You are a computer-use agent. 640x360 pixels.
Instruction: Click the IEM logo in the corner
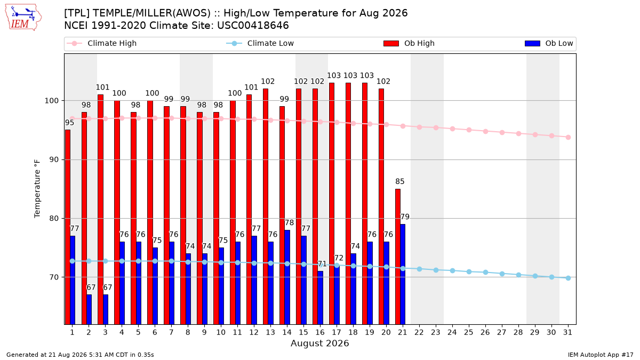point(23,18)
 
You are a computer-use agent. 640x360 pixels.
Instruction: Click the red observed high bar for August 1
point(67,227)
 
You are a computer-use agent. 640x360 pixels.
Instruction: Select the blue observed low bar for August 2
point(89,309)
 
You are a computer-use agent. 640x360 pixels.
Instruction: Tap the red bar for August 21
point(398,257)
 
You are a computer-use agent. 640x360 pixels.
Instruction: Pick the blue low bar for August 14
point(287,277)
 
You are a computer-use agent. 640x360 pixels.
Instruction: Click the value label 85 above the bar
point(399,181)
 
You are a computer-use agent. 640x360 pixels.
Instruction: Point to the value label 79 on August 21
point(405,217)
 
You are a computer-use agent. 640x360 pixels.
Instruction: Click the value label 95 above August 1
point(69,123)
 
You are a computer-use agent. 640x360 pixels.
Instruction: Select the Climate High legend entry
point(101,43)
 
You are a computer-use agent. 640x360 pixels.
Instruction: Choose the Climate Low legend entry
point(260,43)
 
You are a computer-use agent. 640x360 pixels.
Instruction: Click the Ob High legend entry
point(409,43)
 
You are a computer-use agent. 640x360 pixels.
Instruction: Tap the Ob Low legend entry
point(549,43)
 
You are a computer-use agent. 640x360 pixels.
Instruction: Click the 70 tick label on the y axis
point(54,277)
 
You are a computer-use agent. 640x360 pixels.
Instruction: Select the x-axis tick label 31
point(567,332)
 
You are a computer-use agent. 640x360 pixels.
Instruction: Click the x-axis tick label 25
point(469,332)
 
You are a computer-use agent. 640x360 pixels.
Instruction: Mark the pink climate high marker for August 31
point(569,137)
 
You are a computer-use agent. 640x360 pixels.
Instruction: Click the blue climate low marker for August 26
point(485,273)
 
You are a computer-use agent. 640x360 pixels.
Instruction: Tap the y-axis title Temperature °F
point(37,189)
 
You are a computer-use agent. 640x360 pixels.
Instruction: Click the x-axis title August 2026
point(319,343)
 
